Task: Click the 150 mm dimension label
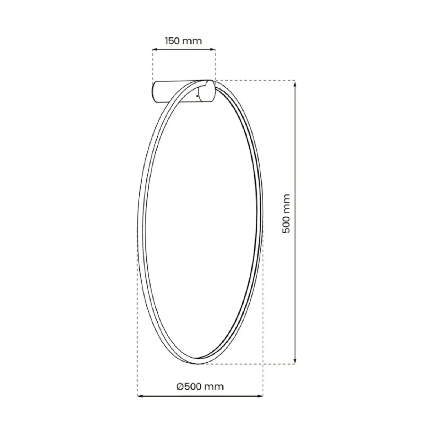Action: (184, 41)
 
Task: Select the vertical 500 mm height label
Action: (286, 213)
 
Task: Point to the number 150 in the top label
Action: (172, 41)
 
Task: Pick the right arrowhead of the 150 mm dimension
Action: (213, 49)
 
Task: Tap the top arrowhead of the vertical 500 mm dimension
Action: (295, 83)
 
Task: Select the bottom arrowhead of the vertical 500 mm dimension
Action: (295, 361)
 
